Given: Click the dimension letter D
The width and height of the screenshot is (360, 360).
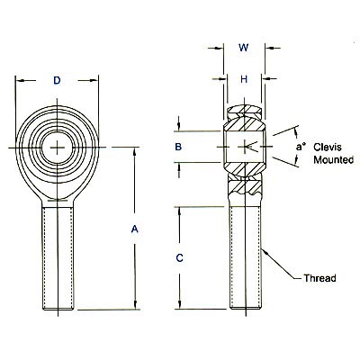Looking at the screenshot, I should (x=57, y=81).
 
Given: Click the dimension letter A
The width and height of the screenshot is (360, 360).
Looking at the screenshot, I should (x=134, y=229).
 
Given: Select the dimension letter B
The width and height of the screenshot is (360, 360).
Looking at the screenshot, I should (x=179, y=147).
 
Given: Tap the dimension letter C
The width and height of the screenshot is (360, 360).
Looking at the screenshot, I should (x=179, y=258).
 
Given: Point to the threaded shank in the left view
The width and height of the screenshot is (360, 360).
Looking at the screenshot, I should (x=57, y=256).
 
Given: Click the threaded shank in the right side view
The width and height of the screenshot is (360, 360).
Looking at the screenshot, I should (x=243, y=256).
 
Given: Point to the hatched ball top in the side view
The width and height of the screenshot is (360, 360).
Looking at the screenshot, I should (x=243, y=114).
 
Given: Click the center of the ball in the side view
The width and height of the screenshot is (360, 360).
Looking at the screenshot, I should (x=243, y=146).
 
